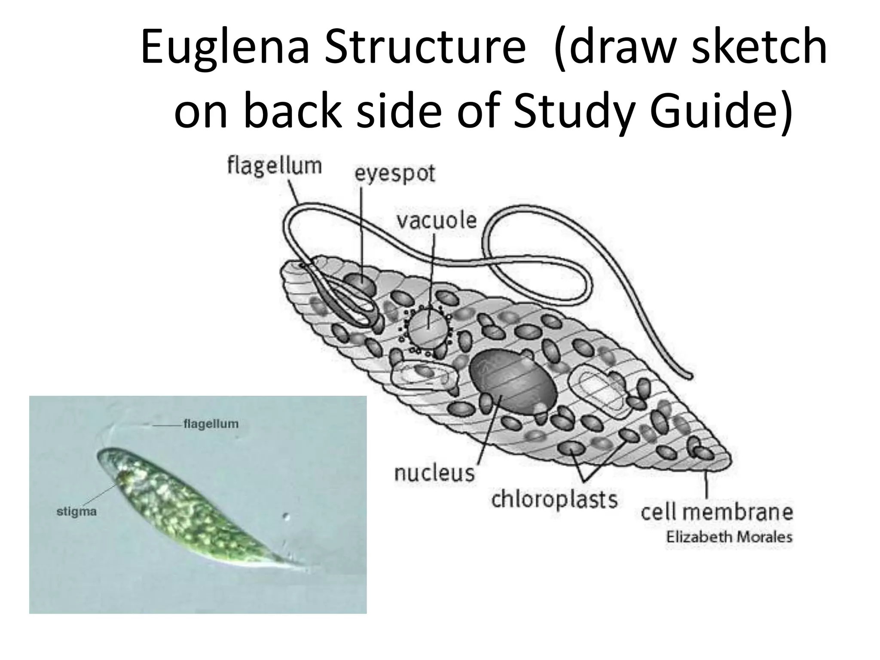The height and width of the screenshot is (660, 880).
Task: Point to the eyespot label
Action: tap(394, 174)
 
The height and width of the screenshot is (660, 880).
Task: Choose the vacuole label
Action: tap(436, 220)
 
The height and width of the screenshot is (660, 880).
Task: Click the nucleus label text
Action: tap(434, 474)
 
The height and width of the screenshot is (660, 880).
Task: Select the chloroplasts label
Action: tap(554, 500)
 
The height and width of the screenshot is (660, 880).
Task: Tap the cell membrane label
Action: tap(716, 512)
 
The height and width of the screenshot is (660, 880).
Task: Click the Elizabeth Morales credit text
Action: tap(729, 537)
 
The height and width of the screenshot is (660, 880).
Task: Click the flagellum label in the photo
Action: tap(211, 424)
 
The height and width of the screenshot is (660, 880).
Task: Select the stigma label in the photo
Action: tap(76, 512)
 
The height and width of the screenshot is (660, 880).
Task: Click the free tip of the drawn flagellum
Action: tap(689, 376)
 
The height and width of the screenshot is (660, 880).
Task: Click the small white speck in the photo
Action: tap(287, 516)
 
